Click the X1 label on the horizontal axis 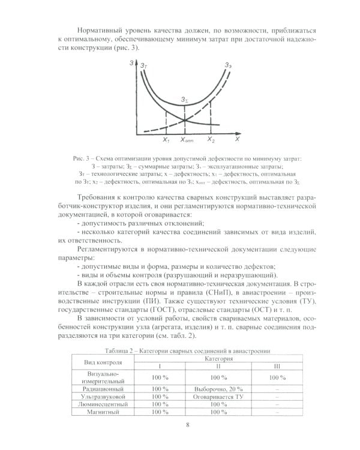pos(166,140)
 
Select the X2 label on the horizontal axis pos(211,140)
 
